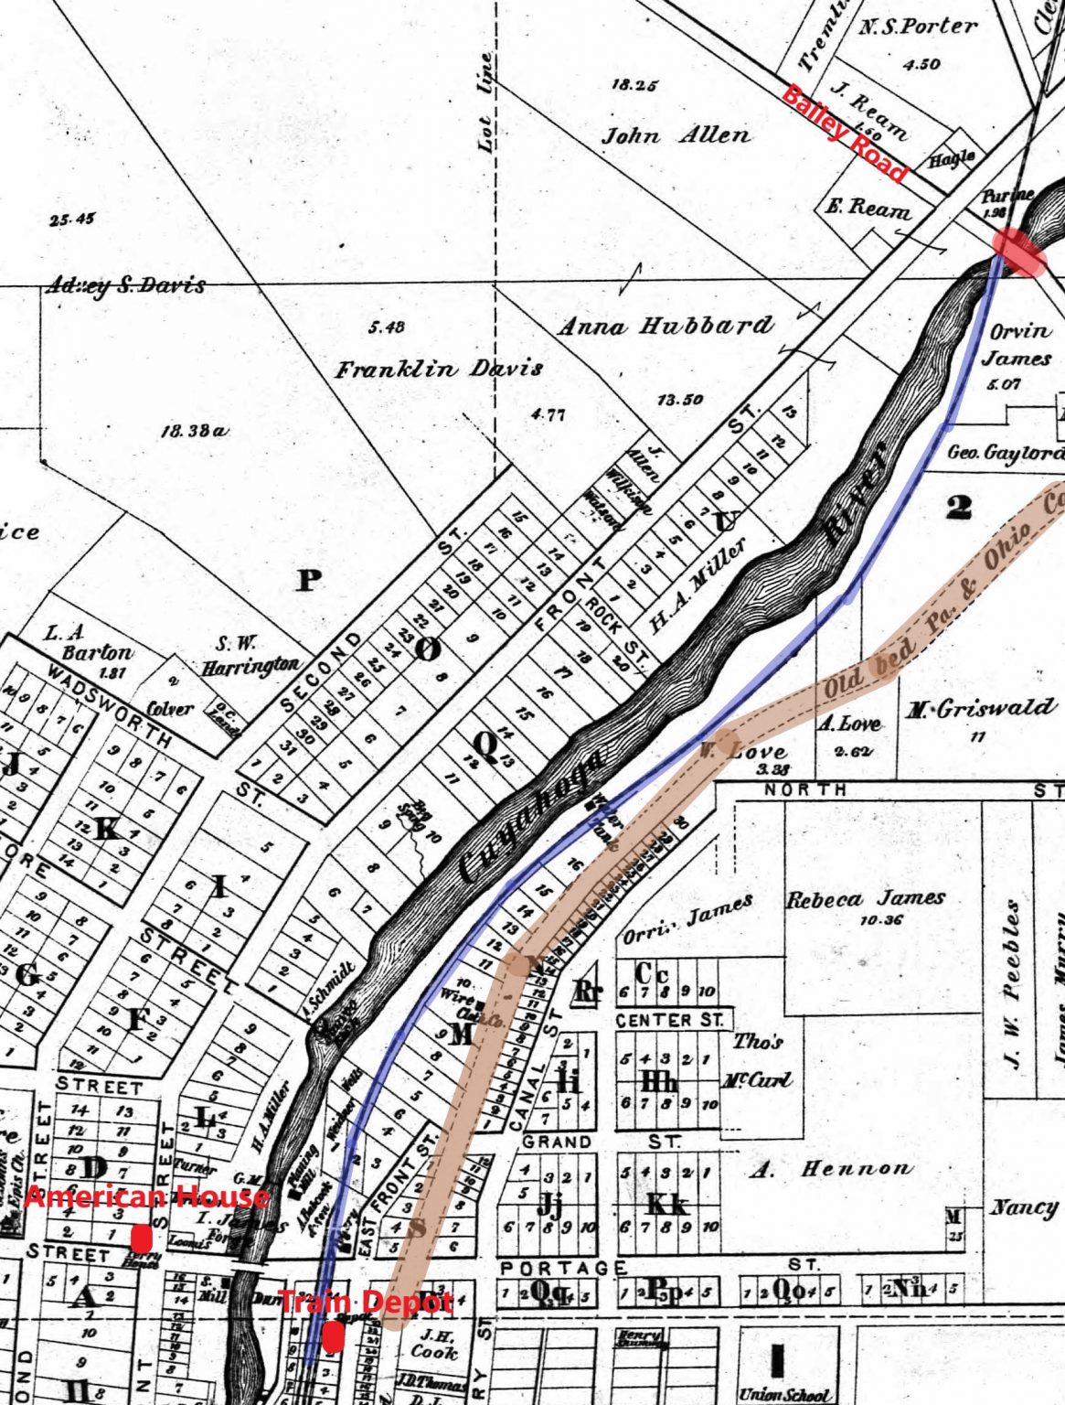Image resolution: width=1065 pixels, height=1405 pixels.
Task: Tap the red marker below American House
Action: (x=141, y=1239)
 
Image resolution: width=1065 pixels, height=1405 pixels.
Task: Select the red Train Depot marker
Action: (x=334, y=1336)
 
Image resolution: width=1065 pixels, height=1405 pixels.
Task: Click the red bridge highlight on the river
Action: (x=1017, y=251)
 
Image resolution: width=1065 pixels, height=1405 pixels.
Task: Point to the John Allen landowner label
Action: (x=676, y=136)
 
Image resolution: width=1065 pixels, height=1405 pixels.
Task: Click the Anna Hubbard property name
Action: (x=666, y=326)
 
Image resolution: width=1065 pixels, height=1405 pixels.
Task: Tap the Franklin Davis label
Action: (x=438, y=370)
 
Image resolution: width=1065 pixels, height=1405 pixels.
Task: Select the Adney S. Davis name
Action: (x=126, y=285)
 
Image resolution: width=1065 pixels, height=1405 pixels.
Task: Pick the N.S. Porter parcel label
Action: (x=918, y=27)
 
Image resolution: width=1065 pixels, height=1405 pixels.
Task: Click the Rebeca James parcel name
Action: (x=866, y=898)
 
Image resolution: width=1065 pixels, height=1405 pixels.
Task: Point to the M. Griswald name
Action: (x=980, y=708)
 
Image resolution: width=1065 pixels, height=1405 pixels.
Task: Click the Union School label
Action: (x=785, y=1395)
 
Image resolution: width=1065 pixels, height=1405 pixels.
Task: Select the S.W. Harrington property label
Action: (x=250, y=655)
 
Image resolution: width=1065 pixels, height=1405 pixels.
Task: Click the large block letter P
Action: (x=309, y=580)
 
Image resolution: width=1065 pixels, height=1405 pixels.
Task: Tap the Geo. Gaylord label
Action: (x=1005, y=453)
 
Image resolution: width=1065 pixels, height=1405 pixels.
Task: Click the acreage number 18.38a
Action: (x=193, y=430)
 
